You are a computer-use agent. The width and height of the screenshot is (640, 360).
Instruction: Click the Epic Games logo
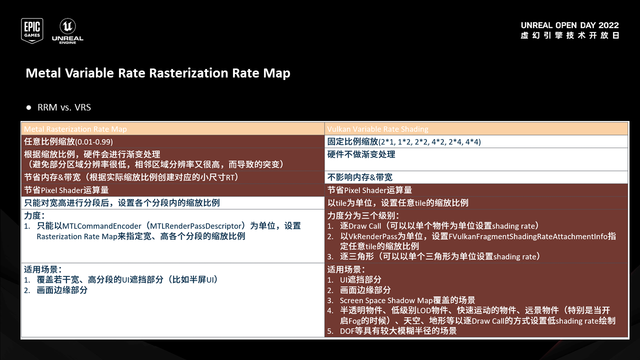click(31, 30)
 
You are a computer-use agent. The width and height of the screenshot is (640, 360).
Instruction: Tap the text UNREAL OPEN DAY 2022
click(569, 25)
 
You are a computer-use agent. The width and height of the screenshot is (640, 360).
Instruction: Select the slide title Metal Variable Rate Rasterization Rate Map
click(158, 73)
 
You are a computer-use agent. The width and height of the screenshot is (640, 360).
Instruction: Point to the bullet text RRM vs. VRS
click(64, 107)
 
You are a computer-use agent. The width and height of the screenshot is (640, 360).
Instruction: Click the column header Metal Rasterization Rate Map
click(75, 129)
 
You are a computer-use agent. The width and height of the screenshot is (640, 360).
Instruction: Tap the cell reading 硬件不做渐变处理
click(361, 154)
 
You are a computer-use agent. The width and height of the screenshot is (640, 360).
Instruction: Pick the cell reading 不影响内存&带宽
click(360, 177)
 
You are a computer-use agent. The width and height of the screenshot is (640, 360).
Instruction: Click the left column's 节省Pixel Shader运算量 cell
click(66, 190)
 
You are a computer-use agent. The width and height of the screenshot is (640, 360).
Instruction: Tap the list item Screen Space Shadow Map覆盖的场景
click(407, 300)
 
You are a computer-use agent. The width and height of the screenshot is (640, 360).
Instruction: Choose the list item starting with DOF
click(398, 330)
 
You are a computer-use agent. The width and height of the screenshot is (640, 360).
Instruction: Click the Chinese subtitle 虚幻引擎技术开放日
click(569, 36)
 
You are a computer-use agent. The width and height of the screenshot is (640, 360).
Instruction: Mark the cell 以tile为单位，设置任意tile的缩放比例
click(398, 202)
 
